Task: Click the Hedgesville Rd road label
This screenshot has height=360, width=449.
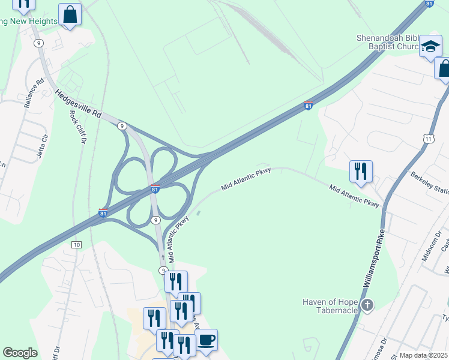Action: (79, 104)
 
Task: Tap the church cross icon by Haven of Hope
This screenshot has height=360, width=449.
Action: (367, 306)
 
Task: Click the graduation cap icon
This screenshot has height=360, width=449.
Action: (430, 46)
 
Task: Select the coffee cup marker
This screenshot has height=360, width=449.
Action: (206, 340)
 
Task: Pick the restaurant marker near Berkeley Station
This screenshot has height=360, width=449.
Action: (361, 171)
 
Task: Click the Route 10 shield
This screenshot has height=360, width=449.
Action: (76, 245)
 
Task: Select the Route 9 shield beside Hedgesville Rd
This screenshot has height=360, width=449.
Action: (122, 125)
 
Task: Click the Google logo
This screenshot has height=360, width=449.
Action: (20, 353)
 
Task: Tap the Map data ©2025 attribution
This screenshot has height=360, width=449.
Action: (424, 355)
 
